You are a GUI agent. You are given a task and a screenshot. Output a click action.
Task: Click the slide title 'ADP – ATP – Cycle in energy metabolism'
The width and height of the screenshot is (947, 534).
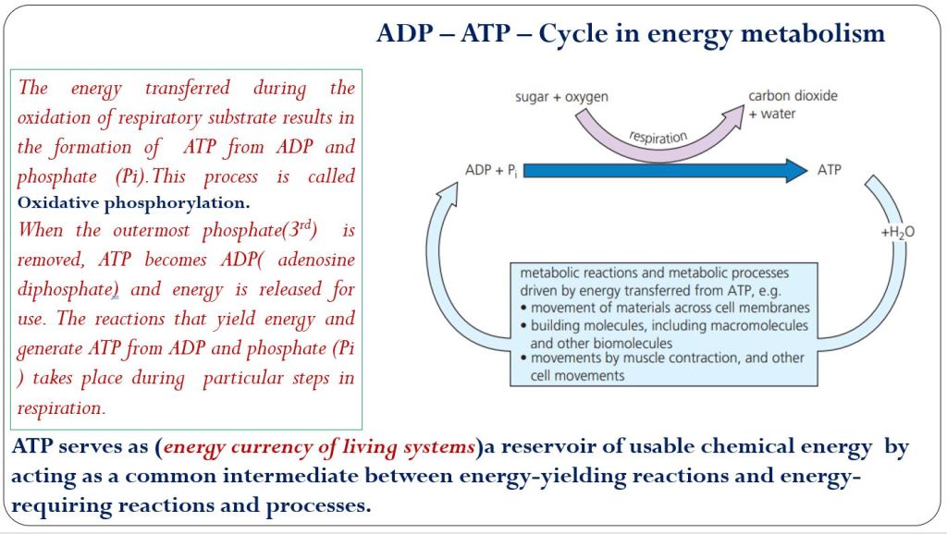[631, 33]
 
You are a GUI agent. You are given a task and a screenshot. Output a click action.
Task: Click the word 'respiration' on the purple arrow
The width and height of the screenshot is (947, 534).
[658, 137]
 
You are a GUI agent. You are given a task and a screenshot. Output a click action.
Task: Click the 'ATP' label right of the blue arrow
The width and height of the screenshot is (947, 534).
[830, 170]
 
